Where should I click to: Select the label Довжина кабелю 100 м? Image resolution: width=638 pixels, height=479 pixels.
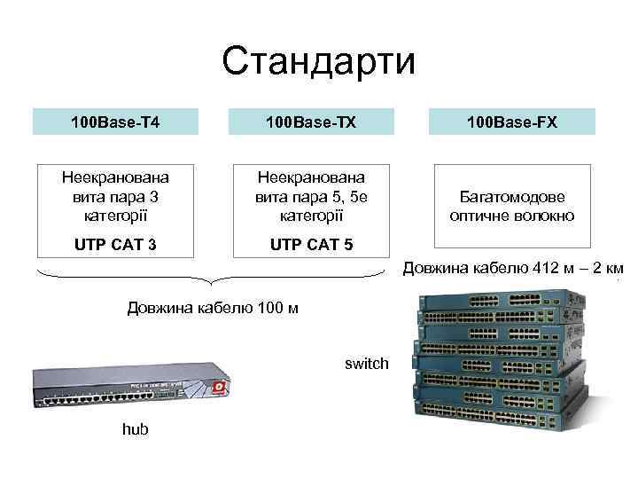point(213,309)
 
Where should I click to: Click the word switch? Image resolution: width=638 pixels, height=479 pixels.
point(367,363)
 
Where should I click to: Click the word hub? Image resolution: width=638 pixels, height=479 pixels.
point(135,429)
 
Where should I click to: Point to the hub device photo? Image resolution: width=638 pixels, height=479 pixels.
point(133,386)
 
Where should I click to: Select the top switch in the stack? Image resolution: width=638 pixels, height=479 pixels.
point(496,306)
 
